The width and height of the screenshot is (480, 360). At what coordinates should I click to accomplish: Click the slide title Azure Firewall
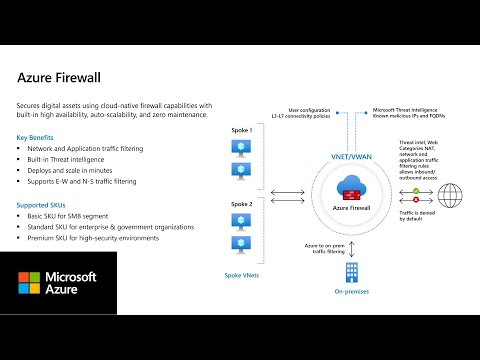pyautogui.click(x=62, y=77)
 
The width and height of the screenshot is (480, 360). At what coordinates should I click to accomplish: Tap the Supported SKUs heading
pyautogui.click(x=43, y=205)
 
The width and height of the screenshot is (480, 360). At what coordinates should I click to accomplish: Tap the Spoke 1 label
pyautogui.click(x=243, y=132)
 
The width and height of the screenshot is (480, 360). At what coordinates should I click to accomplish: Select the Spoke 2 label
pyautogui.click(x=243, y=204)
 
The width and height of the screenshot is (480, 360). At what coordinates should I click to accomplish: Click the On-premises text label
pyautogui.click(x=351, y=293)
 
